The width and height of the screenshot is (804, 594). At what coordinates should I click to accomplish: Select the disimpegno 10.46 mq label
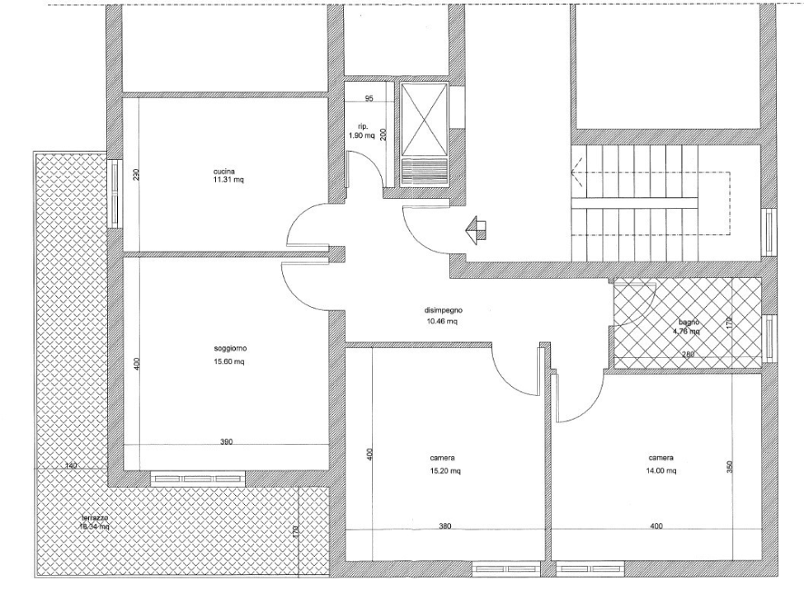(x=441, y=316)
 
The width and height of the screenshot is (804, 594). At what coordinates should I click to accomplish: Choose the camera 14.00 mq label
(x=661, y=464)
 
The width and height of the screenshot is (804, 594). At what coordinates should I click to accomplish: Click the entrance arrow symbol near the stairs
(x=475, y=228)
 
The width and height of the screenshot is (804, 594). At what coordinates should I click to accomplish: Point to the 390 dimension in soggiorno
(x=226, y=442)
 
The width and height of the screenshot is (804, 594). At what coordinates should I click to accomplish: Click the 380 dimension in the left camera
(x=444, y=526)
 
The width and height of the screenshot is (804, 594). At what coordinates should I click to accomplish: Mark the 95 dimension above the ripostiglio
(x=369, y=99)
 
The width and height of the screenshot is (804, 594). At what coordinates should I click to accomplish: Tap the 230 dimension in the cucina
(x=137, y=174)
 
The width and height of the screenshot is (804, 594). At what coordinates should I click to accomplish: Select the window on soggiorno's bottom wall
(x=198, y=478)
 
